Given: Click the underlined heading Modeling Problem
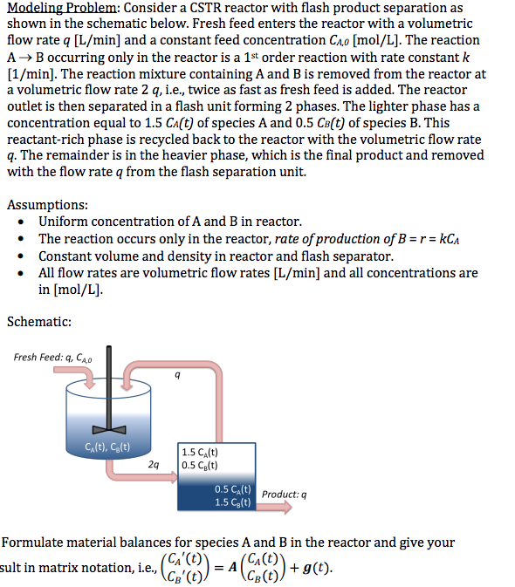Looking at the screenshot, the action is tap(62, 8).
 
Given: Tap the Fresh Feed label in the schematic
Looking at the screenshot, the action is tap(52, 358).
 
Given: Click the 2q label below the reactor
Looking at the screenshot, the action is tap(153, 465).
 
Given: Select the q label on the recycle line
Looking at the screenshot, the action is tap(177, 375).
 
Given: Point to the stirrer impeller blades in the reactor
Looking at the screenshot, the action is tap(109, 430).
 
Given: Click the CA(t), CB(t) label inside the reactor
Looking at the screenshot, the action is tap(107, 447).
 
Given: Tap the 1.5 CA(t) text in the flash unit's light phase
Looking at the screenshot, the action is tap(200, 452).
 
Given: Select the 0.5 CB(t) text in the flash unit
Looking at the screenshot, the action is tap(200, 466).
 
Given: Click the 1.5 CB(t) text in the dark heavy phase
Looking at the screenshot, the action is tap(232, 502).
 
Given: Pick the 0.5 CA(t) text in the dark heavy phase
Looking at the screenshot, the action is tap(232, 489).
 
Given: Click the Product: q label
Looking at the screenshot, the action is tap(284, 495).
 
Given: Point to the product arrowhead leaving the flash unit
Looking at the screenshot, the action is tap(287, 508).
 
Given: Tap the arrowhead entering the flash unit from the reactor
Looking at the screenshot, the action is tap(175, 477).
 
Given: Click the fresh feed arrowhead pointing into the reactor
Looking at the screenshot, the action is tap(90, 386).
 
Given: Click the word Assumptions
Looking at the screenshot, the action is tap(47, 205).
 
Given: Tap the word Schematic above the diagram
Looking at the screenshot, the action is tap(39, 322).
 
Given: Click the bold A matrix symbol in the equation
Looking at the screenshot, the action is tap(232, 567).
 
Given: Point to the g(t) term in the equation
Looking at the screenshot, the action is tap(317, 569).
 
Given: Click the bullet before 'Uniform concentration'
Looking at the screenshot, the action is tap(21, 222).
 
